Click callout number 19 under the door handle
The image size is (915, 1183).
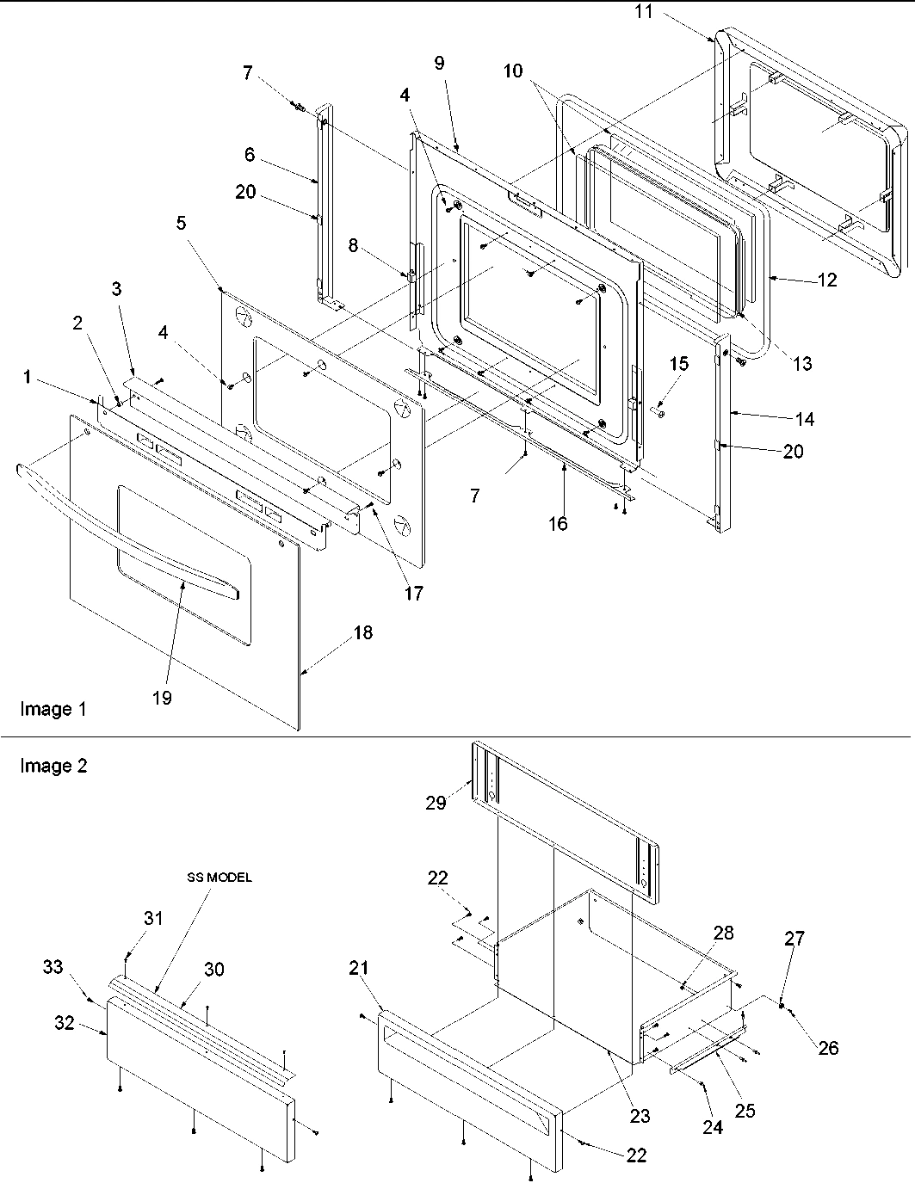point(162,698)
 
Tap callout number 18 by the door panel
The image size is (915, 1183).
point(362,632)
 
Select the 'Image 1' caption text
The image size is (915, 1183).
point(53,710)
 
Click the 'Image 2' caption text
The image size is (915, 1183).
point(53,766)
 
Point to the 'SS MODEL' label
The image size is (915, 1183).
point(219,878)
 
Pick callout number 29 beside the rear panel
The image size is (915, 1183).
point(436,802)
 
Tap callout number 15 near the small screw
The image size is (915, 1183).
point(679,364)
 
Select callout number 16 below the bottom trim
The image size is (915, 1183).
point(559,522)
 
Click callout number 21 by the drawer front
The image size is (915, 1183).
point(359,968)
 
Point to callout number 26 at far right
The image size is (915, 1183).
point(828,1047)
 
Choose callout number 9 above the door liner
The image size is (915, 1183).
point(439,62)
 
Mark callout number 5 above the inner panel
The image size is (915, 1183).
point(181,223)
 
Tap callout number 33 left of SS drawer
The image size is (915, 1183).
point(53,967)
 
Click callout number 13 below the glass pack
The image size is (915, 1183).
point(801,364)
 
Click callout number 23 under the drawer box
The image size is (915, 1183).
point(640,1117)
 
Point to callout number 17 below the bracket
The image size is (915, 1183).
point(414,593)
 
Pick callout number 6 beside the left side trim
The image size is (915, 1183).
point(250,154)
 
